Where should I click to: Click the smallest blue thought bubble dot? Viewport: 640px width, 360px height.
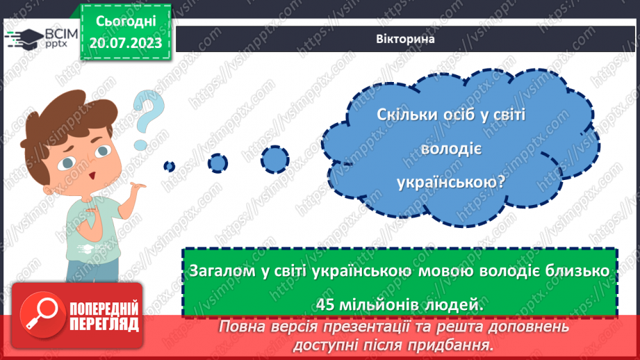click(x=169, y=165)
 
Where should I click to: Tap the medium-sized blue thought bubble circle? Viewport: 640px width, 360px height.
click(x=218, y=163)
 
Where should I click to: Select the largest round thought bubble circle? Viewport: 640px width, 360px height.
click(x=274, y=159)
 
